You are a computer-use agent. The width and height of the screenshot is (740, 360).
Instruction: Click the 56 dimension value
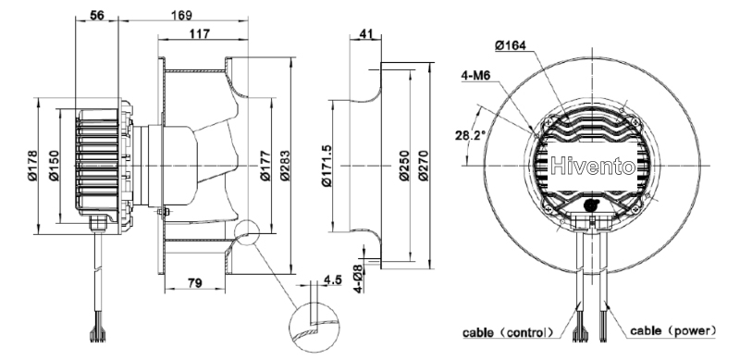97,15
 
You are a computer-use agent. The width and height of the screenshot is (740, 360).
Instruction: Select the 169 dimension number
181,15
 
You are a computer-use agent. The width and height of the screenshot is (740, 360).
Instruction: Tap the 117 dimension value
200,34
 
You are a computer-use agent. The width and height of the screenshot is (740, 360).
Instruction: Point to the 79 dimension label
194,282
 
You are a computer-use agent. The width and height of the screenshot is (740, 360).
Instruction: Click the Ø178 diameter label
32,166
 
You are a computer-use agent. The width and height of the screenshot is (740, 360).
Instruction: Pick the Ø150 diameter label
54,166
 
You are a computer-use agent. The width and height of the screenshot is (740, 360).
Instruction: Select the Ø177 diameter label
265,166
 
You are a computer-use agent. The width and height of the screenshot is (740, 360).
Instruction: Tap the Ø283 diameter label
285,166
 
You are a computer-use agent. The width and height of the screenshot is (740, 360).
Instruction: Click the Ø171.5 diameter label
327,166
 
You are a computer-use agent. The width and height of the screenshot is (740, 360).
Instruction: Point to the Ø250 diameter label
404,166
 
